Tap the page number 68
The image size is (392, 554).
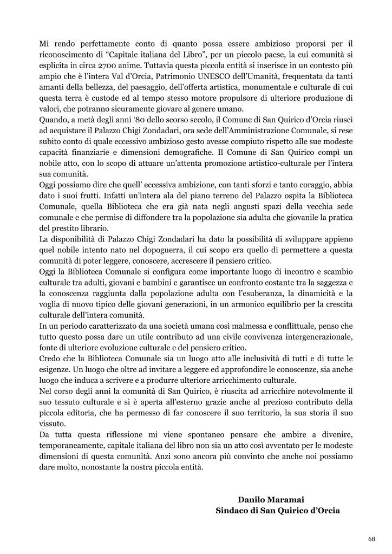tap(371, 539)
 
